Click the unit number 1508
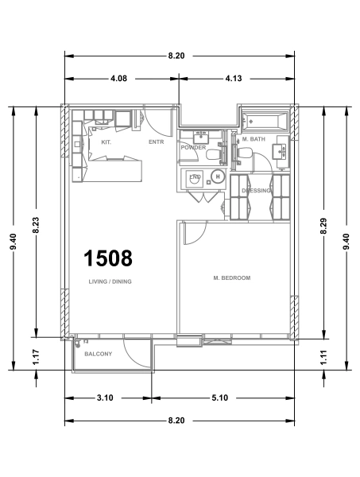tap(108, 258)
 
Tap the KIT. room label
tap(106, 142)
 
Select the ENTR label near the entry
tap(156, 142)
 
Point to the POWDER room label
tap(193, 148)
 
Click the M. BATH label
tap(254, 138)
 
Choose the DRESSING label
tap(256, 191)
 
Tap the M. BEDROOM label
tap(232, 278)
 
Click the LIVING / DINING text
tap(110, 281)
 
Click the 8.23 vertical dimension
tap(36, 226)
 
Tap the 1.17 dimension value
tap(36, 358)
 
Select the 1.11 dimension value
tap(324, 358)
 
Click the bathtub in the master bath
tap(264, 122)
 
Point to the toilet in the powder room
tap(213, 156)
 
